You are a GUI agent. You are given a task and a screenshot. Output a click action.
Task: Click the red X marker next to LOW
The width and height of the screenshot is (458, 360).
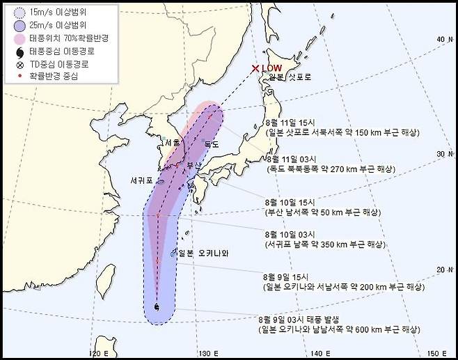tap(255, 68)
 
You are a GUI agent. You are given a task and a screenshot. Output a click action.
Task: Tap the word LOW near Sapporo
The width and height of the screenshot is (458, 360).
tap(272, 68)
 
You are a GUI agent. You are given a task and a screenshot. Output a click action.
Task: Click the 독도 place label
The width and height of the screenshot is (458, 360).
tap(210, 145)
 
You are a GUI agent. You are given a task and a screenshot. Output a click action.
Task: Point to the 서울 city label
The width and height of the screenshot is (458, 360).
tap(171, 142)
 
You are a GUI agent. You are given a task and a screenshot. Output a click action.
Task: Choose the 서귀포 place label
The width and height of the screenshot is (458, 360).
tap(143, 180)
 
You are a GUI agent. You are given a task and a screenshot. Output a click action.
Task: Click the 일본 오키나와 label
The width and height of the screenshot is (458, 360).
tap(203, 253)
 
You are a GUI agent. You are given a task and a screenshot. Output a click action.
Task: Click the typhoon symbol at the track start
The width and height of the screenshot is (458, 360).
tap(156, 307)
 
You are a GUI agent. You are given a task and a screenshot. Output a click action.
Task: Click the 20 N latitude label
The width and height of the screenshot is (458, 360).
tap(441, 269)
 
